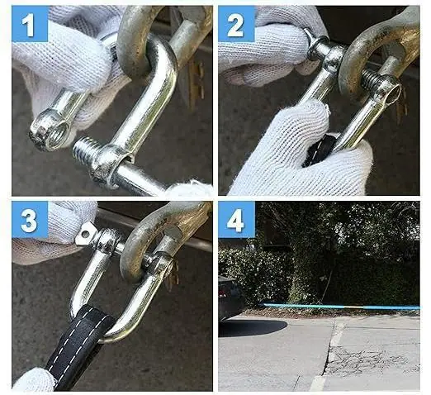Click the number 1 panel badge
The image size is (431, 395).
point(30,24)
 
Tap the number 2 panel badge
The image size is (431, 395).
point(236,24)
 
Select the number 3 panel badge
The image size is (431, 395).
point(30,220)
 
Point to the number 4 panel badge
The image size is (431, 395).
point(236,220)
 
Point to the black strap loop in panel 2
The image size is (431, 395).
point(320,151)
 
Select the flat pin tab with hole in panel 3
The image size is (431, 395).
point(85,234)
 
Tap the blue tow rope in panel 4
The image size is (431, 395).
point(340,307)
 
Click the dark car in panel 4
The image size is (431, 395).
point(231,297)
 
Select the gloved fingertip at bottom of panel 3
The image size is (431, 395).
point(33,379)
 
